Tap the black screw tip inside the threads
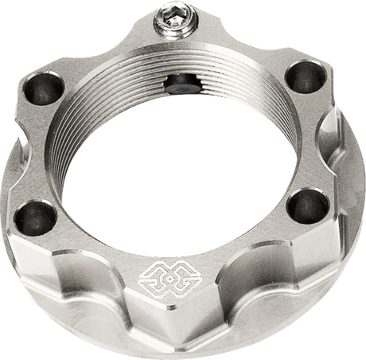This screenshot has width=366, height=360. click(x=181, y=82)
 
